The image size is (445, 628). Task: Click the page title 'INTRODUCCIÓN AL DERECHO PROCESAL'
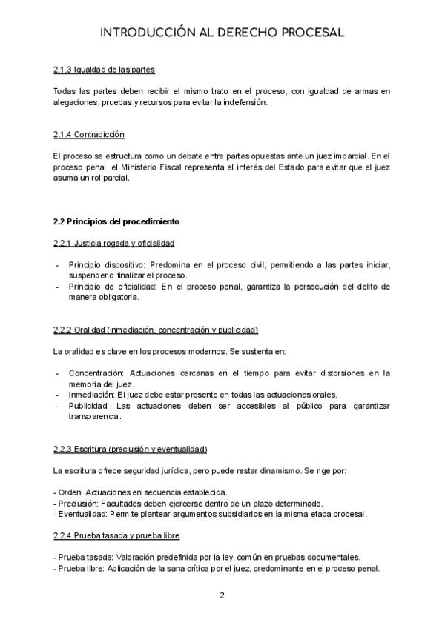(x=222, y=33)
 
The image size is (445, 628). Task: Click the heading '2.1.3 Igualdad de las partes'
(x=104, y=70)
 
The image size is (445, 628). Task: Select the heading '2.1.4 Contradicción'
(x=89, y=135)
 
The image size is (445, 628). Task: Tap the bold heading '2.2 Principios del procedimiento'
(x=116, y=221)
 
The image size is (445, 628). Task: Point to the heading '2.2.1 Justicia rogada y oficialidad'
(x=114, y=243)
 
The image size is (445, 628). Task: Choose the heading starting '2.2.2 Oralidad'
(x=156, y=330)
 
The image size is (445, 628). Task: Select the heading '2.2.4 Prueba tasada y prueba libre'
(x=116, y=535)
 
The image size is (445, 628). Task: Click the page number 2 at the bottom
(x=222, y=595)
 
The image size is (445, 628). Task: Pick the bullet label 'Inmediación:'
(x=87, y=395)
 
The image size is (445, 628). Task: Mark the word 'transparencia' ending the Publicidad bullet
(x=93, y=417)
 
